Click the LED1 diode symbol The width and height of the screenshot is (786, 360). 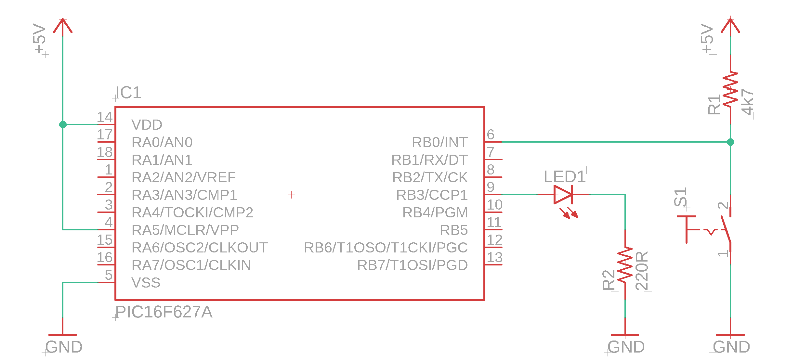click(x=563, y=195)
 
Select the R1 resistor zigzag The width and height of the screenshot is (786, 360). click(x=730, y=88)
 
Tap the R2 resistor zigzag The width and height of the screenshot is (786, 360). click(x=625, y=264)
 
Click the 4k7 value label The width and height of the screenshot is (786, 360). click(x=748, y=102)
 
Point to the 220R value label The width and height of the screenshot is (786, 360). click(x=642, y=270)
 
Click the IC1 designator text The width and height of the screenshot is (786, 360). click(x=129, y=93)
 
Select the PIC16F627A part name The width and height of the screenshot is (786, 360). click(x=164, y=312)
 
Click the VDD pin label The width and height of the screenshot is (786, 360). click(x=147, y=125)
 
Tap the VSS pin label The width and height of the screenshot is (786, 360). click(x=146, y=283)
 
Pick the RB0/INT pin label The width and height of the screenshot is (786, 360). click(x=439, y=142)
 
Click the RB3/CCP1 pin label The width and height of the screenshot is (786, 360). click(x=432, y=195)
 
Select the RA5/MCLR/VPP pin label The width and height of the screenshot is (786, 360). click(x=185, y=230)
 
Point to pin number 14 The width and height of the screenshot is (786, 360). click(x=105, y=117)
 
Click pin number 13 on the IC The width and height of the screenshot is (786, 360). click(x=494, y=257)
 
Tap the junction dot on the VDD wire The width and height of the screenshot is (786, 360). click(x=63, y=124)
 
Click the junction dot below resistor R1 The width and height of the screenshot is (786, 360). click(x=730, y=142)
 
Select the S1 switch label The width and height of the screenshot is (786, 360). click(x=680, y=197)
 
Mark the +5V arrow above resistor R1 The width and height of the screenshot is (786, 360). click(x=730, y=26)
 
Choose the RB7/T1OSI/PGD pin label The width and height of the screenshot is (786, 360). click(x=412, y=265)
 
